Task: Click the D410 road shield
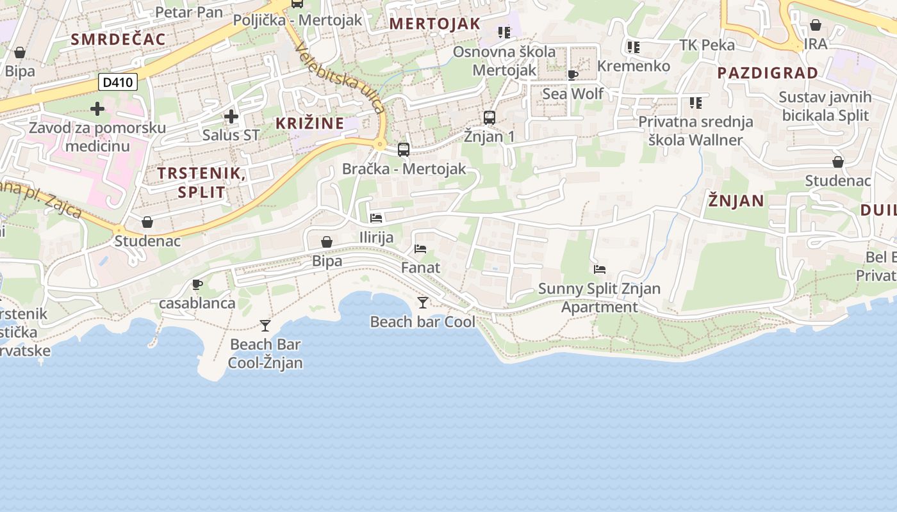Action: [x=118, y=82]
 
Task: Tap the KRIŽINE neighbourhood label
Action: [x=310, y=124]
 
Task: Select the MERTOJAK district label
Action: [x=435, y=24]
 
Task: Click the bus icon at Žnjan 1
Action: [x=490, y=118]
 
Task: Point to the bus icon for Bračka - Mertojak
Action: [x=404, y=150]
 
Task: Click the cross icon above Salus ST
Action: [x=231, y=116]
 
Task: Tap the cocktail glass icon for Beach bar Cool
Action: [x=422, y=302]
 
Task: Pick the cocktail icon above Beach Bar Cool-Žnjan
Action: [x=265, y=326]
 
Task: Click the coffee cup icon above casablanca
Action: [x=197, y=284]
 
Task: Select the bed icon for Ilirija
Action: [x=376, y=218]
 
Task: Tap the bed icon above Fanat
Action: [x=420, y=248]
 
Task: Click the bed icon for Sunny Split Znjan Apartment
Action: [x=600, y=269]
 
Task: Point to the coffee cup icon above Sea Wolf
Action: [x=573, y=75]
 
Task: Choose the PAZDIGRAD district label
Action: [x=768, y=73]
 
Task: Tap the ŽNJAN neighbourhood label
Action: [x=736, y=201]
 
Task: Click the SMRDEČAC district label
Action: [x=119, y=39]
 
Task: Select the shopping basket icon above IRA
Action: [x=816, y=26]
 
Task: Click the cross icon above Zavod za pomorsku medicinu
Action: [x=97, y=109]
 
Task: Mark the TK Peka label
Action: [x=707, y=45]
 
